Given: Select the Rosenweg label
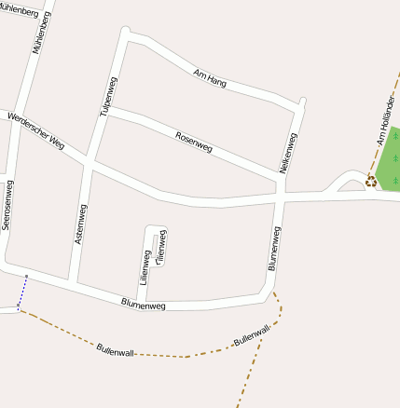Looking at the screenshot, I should (x=193, y=143).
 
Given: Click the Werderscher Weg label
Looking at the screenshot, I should (x=35, y=130).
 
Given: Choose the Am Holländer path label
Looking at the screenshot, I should (x=385, y=126).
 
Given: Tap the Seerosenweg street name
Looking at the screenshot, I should (x=7, y=205).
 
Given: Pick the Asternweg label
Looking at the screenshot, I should (x=81, y=224).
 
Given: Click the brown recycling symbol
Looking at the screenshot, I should (x=370, y=181).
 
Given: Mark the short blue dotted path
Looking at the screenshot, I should (x=22, y=292).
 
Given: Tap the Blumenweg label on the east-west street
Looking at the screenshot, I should (x=144, y=304).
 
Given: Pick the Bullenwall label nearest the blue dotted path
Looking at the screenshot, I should (x=116, y=350).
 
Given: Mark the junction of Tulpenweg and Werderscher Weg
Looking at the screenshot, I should (x=88, y=164).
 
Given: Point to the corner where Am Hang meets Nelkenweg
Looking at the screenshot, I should (x=300, y=103).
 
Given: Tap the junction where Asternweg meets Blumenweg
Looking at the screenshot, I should (x=73, y=282).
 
